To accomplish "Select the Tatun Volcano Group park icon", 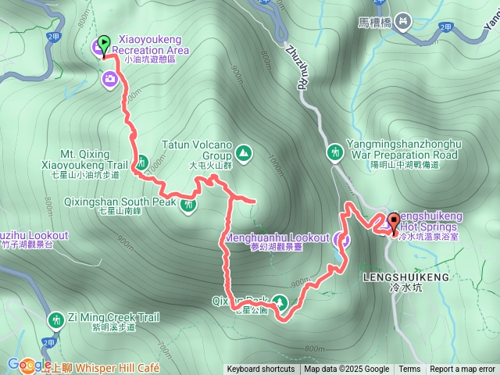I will point(243,153).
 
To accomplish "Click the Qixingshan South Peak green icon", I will point(188,205).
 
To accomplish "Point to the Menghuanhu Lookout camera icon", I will point(341,240).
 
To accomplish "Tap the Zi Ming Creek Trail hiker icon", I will point(56,320).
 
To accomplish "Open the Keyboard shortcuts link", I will point(261,370).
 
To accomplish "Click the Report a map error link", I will point(462,370).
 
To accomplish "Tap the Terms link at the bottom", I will point(409,370).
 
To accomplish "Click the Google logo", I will point(29,365).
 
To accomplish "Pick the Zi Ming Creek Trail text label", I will point(113,317).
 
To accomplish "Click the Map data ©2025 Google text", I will point(346,370).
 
